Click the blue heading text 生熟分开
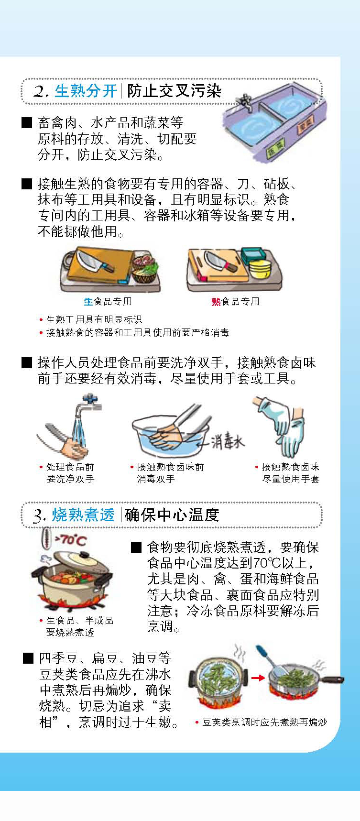point(86,90)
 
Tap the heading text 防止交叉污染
point(174,90)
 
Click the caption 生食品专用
point(108,301)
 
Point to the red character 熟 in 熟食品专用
point(216,301)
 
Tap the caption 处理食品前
point(70,467)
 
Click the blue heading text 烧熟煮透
point(83,514)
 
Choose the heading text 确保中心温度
point(172,514)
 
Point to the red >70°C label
point(70,540)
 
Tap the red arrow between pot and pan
point(258,678)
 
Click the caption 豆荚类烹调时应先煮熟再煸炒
point(264,722)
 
